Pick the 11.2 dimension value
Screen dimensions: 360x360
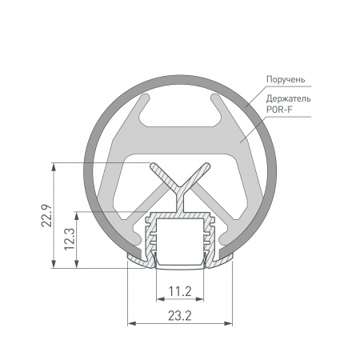tap(180, 290)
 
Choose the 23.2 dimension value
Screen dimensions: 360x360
tap(180, 316)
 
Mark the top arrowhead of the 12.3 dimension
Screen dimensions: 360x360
tap(78, 215)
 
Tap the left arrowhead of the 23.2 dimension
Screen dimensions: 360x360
tap(131, 324)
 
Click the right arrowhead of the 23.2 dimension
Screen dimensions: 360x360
tap(230, 324)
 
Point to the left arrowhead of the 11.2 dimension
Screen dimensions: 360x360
tap(154, 298)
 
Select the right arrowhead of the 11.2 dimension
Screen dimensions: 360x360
tap(206, 298)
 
